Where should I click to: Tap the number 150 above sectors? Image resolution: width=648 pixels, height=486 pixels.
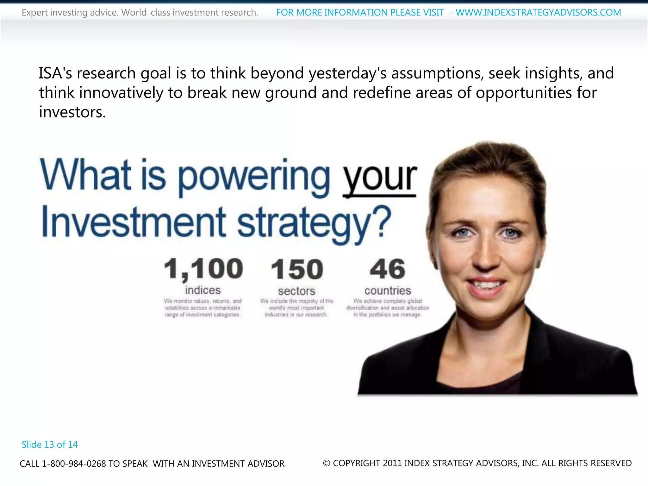[x=297, y=269]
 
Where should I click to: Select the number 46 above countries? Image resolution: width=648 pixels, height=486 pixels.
[x=387, y=269]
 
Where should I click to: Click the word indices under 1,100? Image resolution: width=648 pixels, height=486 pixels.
[x=203, y=290]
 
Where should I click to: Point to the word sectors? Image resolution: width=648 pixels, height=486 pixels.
[x=296, y=291]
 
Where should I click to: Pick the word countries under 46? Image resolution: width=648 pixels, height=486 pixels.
[x=388, y=290]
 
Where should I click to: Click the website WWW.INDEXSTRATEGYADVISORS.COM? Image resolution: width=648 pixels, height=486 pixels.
[x=538, y=13]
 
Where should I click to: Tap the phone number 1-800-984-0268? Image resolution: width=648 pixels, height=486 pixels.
[x=74, y=464]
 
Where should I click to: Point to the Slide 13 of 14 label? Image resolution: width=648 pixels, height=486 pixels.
[x=50, y=445]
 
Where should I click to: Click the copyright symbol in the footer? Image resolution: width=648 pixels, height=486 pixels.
[x=327, y=463]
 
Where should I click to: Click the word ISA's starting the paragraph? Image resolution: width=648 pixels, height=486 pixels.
[x=55, y=73]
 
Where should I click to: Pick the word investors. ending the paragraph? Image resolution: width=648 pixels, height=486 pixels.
[x=72, y=112]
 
